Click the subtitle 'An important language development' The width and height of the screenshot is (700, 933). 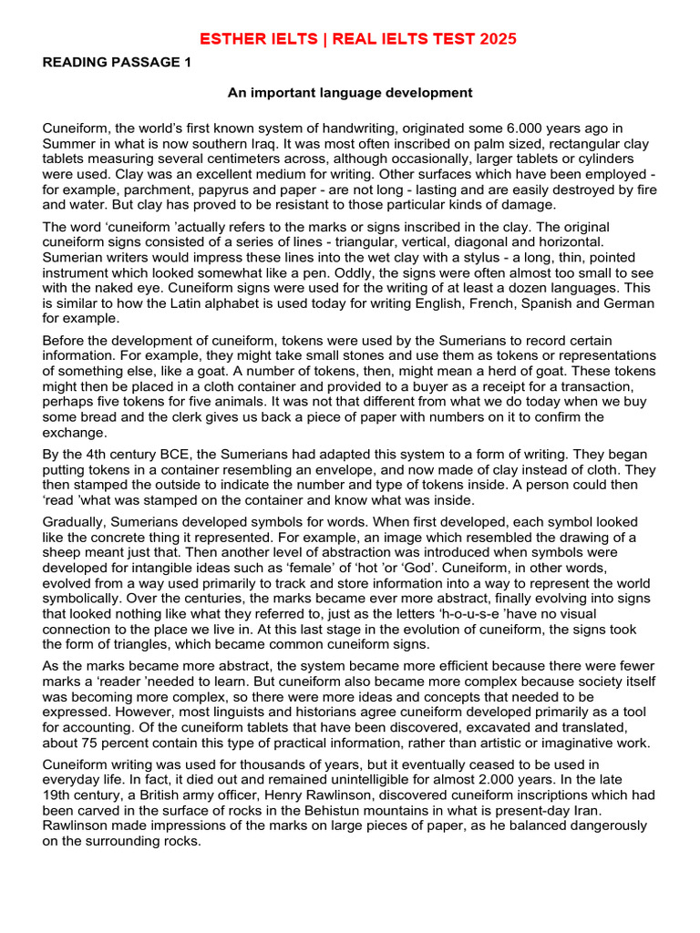point(350,92)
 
